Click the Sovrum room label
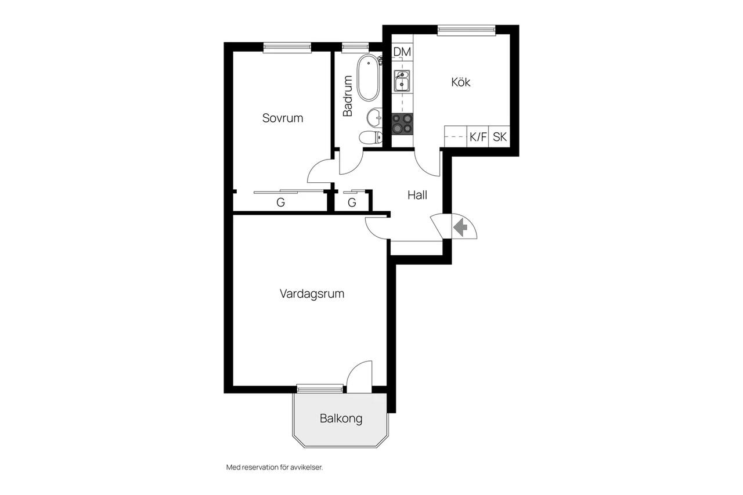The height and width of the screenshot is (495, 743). coord(283,118)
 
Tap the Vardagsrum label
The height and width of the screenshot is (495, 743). coord(312,294)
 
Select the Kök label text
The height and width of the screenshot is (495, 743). coord(460,82)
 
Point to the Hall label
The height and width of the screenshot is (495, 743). coord(417,195)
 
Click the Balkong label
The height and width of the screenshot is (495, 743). coord(341,418)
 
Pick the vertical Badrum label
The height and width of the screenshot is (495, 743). coord(347,96)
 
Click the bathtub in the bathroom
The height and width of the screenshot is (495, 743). coord(368,78)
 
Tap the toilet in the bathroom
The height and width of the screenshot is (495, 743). coord(371,137)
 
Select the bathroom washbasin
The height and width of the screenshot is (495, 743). coord(374,117)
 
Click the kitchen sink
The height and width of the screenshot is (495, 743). coord(402,81)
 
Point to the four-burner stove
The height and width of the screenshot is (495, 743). coord(402,124)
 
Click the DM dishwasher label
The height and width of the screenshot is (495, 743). coord(402,52)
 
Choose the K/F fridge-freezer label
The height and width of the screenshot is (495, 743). coord(478,136)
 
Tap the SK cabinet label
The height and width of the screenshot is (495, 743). coord(500,136)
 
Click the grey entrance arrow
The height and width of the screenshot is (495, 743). coord(460,228)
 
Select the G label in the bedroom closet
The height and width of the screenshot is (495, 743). coord(280,202)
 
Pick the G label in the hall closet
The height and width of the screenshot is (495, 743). coord(352,202)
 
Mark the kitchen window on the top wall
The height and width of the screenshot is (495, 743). coord(466,30)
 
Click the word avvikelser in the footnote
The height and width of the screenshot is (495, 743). coord(306,468)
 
